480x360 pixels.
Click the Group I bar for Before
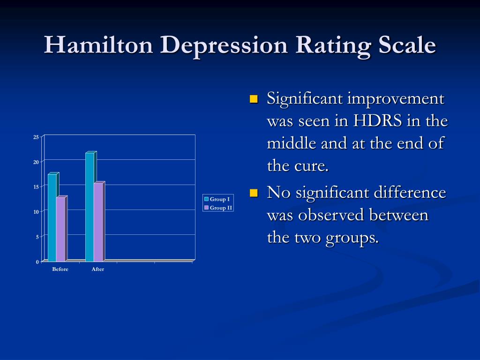pyautogui.click(x=52, y=217)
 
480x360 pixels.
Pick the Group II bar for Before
pyautogui.click(x=60, y=229)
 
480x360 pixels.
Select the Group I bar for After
pyautogui.click(x=90, y=207)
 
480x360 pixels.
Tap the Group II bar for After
pyautogui.click(x=98, y=222)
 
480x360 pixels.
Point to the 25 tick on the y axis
pyautogui.click(x=36, y=137)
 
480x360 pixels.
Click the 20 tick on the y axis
pyautogui.click(x=36, y=162)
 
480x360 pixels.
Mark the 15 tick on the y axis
pyautogui.click(x=36, y=187)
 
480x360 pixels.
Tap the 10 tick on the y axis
pyautogui.click(x=36, y=212)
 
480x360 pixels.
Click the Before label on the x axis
pyautogui.click(x=60, y=270)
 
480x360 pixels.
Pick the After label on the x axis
pyautogui.click(x=97, y=270)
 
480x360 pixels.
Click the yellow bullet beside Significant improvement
pyautogui.click(x=254, y=99)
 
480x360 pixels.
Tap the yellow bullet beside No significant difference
pyautogui.click(x=254, y=193)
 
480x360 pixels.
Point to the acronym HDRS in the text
pyautogui.click(x=378, y=121)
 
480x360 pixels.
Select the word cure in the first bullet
pyautogui.click(x=310, y=166)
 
